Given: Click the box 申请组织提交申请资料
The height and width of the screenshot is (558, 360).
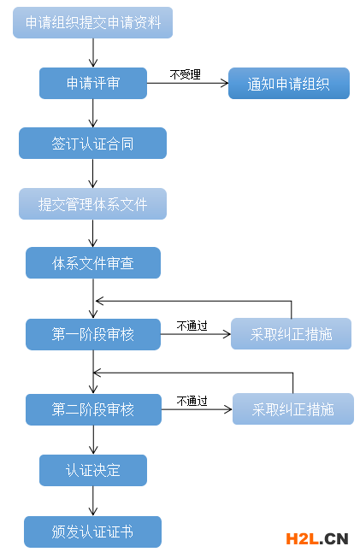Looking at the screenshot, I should coord(92,23).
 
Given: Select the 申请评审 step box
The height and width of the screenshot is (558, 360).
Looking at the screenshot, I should coord(92,83).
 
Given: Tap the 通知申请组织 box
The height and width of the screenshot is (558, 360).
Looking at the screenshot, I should coord(288,84).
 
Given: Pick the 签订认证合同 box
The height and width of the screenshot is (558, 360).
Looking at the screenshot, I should coord(92,144).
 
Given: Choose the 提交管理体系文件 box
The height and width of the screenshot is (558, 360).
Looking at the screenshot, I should coord(92,204).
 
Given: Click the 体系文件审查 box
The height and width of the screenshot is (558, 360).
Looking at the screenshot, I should coord(92,263).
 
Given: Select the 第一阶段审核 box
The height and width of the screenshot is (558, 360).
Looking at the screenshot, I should coord(92,334).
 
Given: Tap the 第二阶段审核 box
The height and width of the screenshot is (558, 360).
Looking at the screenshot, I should coord(92,408).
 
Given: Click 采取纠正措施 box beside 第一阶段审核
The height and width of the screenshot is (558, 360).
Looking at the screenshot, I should coord(291,334).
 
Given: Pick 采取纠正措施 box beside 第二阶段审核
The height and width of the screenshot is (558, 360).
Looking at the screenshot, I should coord(292,408).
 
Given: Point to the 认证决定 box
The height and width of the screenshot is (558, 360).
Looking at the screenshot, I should coord(92,470).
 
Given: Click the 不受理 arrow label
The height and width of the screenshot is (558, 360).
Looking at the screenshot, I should coord(185,74).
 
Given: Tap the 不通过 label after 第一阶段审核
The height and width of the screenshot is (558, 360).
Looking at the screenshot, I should coord(192,326).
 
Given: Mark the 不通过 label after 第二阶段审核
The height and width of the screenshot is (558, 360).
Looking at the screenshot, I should coord(192,400).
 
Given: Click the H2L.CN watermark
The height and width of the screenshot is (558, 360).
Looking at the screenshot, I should coord(316,538).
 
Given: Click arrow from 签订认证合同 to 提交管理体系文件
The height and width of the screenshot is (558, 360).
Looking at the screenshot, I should coord(93,173).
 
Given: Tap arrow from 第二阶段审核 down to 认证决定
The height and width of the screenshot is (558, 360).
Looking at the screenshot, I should coord(93,439).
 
